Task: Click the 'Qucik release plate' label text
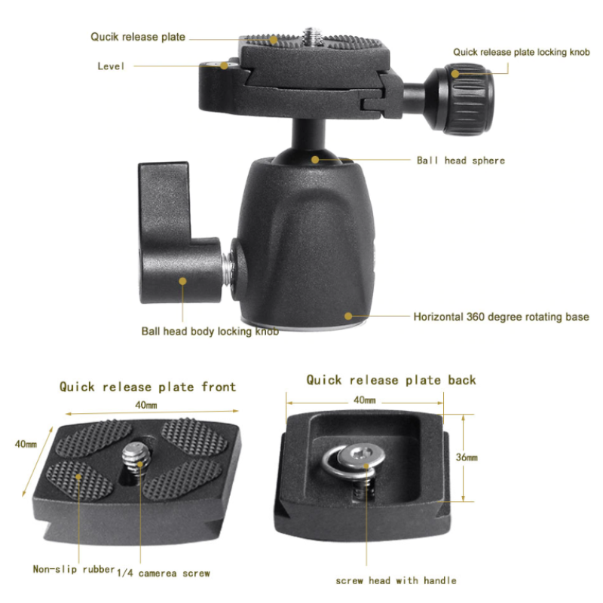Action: click(x=138, y=36)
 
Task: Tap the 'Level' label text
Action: click(x=111, y=66)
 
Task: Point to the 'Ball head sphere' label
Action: click(x=461, y=160)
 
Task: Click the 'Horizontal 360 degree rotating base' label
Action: click(x=500, y=317)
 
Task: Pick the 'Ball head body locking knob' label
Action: click(x=210, y=331)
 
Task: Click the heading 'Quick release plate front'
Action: click(x=148, y=387)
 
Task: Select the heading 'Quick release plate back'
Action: click(x=391, y=380)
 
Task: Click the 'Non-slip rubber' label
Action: click(x=73, y=569)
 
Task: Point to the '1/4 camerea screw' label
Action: click(x=164, y=573)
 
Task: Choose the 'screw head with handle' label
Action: click(x=396, y=580)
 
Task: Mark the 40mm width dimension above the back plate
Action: click(x=364, y=400)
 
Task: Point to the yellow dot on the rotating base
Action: click(x=348, y=317)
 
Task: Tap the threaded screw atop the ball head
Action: click(x=311, y=35)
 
